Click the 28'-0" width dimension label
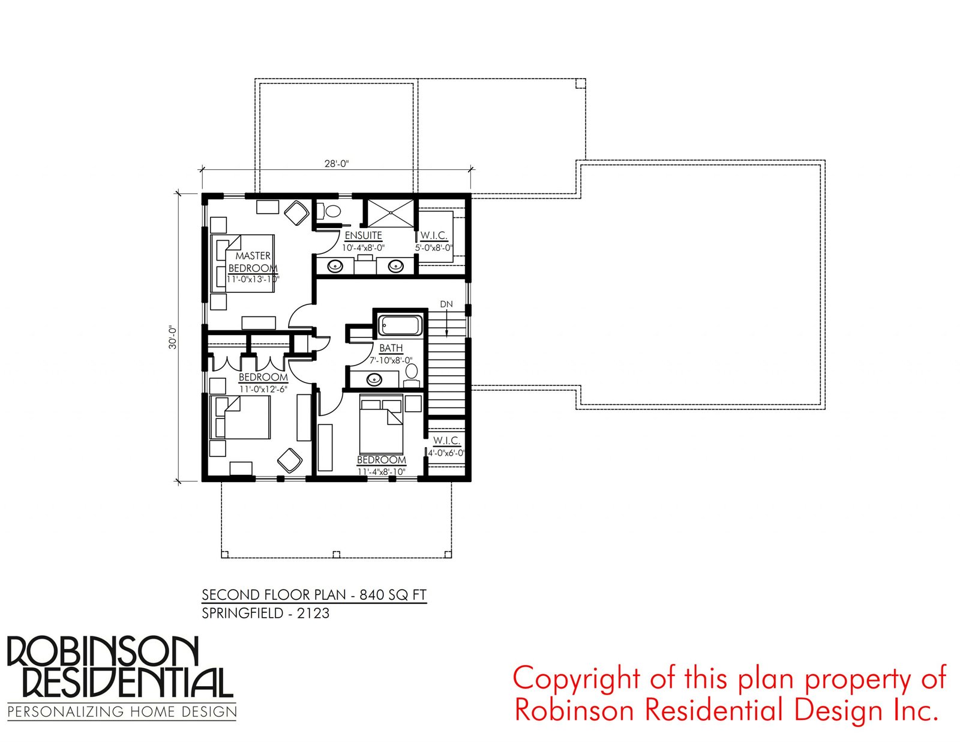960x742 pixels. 337,164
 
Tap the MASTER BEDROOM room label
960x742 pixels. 253,262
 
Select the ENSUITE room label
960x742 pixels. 363,235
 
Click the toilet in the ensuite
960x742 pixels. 329,211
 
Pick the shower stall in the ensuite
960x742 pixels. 391,214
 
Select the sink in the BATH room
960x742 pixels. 374,379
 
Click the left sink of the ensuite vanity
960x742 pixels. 336,267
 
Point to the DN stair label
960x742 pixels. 446,304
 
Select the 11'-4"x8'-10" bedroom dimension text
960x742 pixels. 381,471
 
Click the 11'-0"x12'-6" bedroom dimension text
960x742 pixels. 263,390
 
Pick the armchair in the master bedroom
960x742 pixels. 296,213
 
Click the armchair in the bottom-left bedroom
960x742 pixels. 290,460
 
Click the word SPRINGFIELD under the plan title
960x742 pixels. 242,614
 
